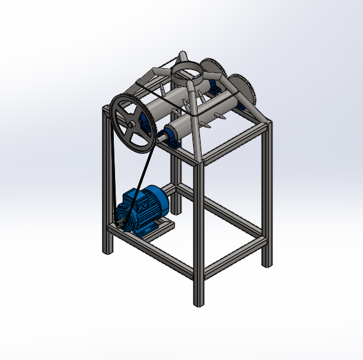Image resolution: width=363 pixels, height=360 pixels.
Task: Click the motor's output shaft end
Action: tap(121, 223)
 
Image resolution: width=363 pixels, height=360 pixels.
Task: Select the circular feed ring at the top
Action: tap(185, 69)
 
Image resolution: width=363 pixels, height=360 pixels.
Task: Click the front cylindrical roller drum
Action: tap(185, 126)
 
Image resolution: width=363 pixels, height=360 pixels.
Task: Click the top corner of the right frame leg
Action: tap(267, 124)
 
